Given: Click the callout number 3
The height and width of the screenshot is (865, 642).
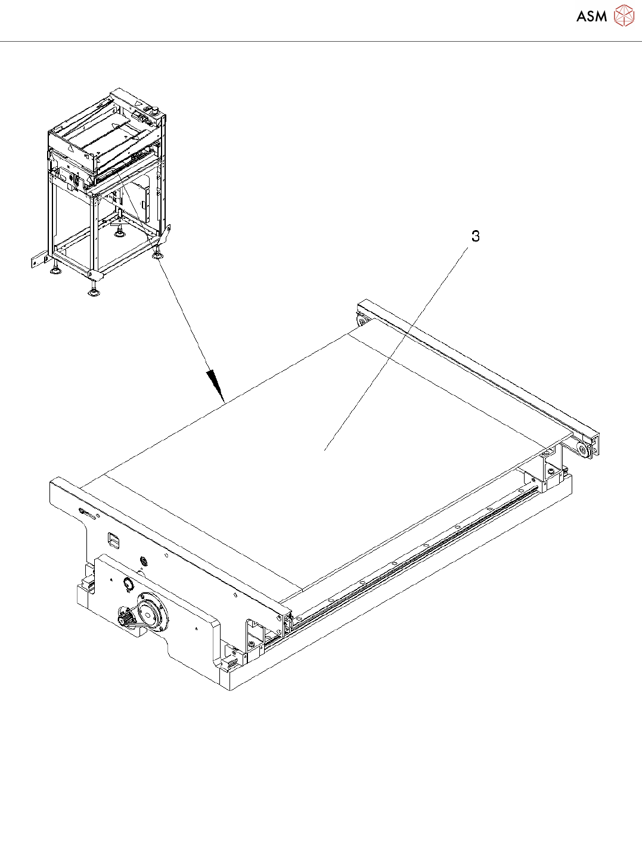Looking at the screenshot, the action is pos(476,236).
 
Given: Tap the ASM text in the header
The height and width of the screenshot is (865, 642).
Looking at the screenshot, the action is pos(592,16).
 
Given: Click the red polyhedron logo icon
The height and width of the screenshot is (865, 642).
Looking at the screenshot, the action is pos(624,15).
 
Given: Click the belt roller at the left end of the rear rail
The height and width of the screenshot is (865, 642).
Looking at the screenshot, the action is pos(362,321).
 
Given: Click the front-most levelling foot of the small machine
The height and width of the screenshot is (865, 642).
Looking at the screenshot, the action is pos(93,292).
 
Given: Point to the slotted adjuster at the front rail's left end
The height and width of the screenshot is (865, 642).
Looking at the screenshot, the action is pos(88,513).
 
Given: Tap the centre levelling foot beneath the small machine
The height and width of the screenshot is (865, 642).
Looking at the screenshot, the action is pos(118,233).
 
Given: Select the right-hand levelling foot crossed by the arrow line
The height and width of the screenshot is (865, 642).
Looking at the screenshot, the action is pos(159,255).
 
